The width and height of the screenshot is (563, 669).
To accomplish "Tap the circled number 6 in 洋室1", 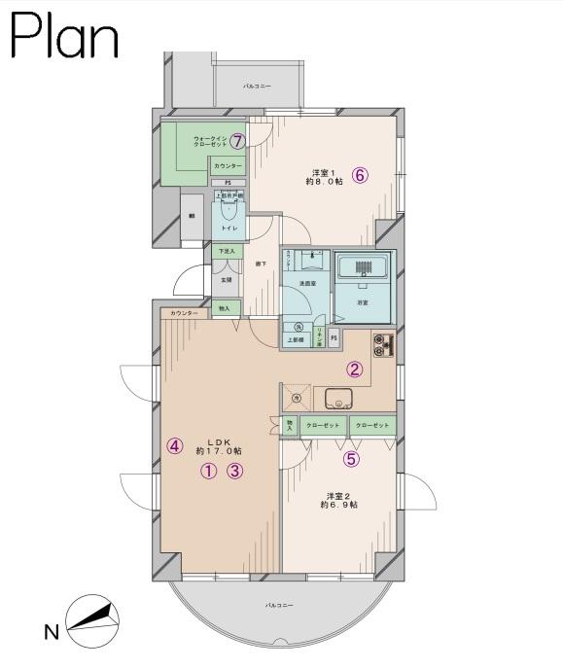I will coord(360,176).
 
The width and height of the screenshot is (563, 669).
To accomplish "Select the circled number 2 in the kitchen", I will coord(355,369).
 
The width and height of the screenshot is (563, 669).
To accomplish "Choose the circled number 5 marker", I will coord(350,460).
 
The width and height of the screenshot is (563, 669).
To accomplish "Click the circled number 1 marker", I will coord(208,473).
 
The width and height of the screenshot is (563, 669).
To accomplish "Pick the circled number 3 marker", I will coord(234,473).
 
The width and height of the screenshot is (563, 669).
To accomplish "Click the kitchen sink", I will coord(337,396).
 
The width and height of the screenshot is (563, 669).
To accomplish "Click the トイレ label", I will coord(229,228).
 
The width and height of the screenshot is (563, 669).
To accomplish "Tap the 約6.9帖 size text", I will coord(338,505).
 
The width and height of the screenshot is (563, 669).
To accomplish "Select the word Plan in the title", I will coord(64,38).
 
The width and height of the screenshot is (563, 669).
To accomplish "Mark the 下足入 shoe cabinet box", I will coord(226,252).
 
